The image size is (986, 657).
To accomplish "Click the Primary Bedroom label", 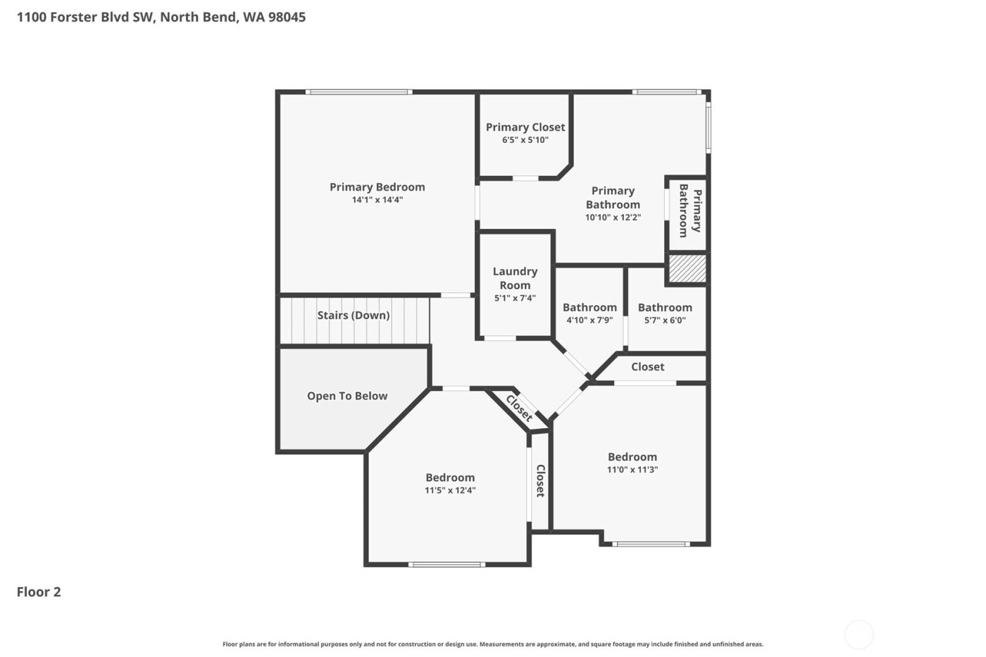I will [377, 187].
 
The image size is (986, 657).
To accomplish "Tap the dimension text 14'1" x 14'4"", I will [377, 200].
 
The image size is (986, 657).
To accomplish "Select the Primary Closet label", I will [525, 127].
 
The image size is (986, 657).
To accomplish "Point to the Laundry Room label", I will [515, 278].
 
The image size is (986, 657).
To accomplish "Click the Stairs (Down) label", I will [353, 315].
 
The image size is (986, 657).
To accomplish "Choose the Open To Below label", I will [347, 396].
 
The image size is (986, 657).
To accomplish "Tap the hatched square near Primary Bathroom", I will [687, 268].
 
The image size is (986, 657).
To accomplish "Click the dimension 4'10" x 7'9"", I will [589, 320].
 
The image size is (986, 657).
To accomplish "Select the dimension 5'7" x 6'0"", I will [665, 320].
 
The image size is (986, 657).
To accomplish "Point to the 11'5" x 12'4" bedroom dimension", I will [450, 491].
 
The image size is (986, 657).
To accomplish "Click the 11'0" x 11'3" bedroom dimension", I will [632, 470].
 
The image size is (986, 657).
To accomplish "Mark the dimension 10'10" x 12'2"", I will [613, 218].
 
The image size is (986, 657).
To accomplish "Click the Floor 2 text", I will [39, 592].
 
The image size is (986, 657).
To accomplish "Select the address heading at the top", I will [161, 17].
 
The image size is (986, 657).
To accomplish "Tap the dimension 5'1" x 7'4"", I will [515, 298].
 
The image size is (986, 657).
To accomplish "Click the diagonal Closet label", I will [520, 408].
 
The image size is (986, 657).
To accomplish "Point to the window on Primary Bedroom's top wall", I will [358, 92].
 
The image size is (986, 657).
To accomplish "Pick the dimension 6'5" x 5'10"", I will [525, 140].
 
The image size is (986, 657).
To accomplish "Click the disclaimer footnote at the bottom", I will [492, 644].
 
